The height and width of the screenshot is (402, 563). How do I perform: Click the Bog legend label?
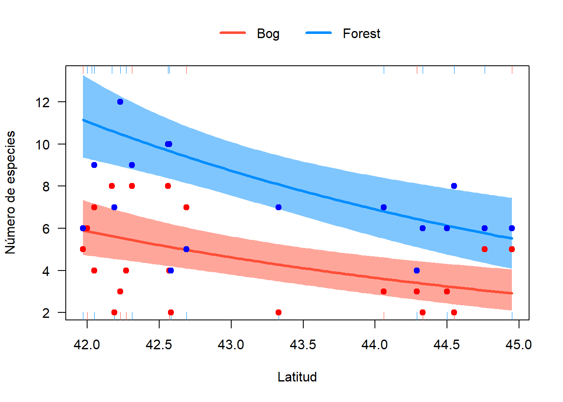click(x=268, y=33)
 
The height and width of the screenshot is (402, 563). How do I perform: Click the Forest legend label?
click(x=361, y=33)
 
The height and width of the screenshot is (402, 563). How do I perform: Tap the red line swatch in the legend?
click(x=233, y=33)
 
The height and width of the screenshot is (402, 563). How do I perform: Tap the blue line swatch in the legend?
click(x=318, y=33)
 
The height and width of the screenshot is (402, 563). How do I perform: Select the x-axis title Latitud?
click(x=297, y=377)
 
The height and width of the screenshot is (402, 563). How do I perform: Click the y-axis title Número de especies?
click(x=10, y=192)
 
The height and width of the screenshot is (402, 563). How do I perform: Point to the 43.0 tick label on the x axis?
click(x=231, y=345)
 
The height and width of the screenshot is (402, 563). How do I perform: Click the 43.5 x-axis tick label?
click(x=303, y=345)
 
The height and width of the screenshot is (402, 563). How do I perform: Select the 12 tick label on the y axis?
click(x=42, y=102)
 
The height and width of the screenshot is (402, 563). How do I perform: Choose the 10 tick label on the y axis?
click(x=42, y=144)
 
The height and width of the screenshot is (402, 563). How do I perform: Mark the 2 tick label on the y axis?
click(x=46, y=313)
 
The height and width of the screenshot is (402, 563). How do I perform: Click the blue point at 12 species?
click(x=120, y=102)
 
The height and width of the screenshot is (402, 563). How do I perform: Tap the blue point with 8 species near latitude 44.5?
click(x=454, y=186)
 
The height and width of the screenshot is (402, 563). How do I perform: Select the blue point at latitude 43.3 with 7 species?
click(x=279, y=207)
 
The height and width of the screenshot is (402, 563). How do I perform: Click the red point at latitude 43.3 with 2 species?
click(x=279, y=312)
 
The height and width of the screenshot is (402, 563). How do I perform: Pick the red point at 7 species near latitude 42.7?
click(x=186, y=207)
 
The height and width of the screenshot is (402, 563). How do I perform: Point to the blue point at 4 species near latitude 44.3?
click(x=417, y=271)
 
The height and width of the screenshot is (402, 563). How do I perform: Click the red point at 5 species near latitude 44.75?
click(x=485, y=249)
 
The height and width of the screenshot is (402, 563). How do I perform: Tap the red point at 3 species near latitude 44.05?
click(x=384, y=291)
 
